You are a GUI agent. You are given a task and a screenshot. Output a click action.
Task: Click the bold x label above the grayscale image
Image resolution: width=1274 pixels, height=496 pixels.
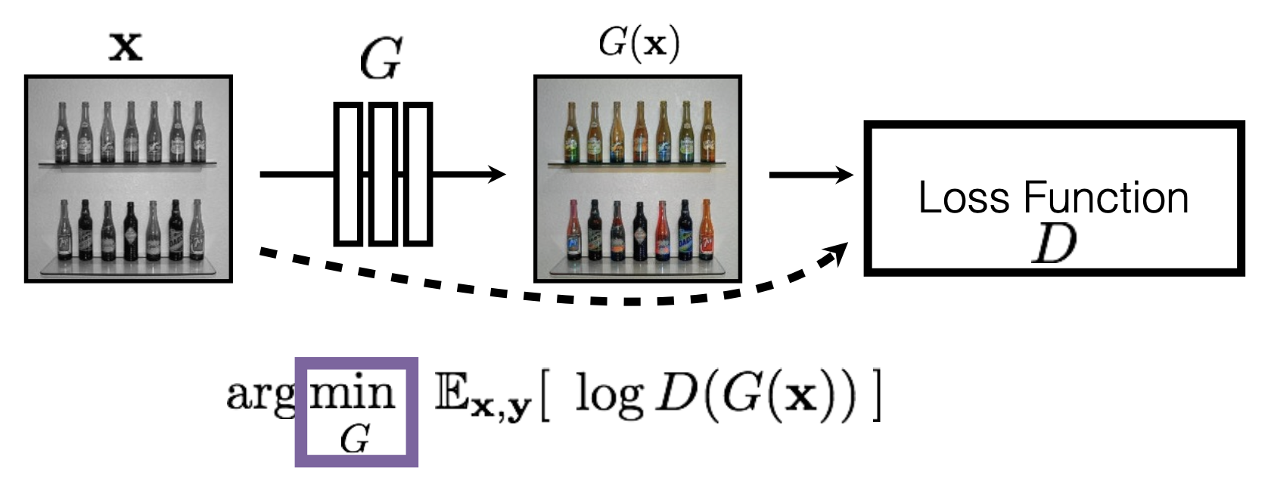126,47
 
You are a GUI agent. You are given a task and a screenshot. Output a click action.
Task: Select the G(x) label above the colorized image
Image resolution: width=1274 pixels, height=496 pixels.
639,43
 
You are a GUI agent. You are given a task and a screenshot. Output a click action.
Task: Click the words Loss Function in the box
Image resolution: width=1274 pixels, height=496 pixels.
1053,198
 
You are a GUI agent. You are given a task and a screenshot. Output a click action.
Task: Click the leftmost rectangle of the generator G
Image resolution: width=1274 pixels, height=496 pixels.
348,174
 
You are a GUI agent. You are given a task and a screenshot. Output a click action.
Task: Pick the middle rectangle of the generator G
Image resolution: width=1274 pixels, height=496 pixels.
383,174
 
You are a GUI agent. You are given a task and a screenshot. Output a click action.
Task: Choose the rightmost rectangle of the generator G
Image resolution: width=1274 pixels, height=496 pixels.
418,174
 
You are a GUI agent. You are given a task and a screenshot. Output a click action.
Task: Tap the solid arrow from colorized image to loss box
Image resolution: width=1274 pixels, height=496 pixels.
809,175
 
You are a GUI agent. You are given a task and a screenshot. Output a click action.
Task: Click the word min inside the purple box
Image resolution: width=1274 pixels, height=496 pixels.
353,392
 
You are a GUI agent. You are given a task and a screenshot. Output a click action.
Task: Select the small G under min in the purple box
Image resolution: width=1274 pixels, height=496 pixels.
354,438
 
